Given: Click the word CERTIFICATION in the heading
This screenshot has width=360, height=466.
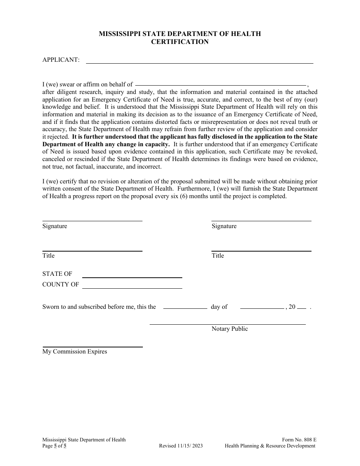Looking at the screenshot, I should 180,42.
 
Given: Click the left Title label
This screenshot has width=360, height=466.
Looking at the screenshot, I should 49,256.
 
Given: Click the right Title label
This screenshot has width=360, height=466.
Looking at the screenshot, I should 218,256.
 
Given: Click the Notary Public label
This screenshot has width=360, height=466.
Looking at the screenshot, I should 230,329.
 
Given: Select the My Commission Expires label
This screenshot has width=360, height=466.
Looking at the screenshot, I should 75,352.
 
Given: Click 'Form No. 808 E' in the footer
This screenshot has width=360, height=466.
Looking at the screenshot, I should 299,440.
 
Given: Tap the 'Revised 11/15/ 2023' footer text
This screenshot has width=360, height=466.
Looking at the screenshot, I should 181,446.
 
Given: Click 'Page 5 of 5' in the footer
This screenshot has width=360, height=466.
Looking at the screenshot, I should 54,446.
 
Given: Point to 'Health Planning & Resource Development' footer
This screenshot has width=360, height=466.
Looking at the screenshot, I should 270,446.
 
